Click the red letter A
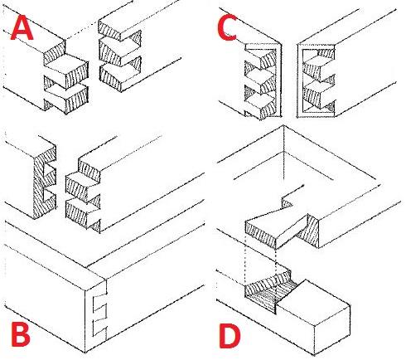22,27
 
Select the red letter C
227,27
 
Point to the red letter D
230,335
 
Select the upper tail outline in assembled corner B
100,304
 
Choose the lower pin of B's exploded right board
83,212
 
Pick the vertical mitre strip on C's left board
278,80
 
